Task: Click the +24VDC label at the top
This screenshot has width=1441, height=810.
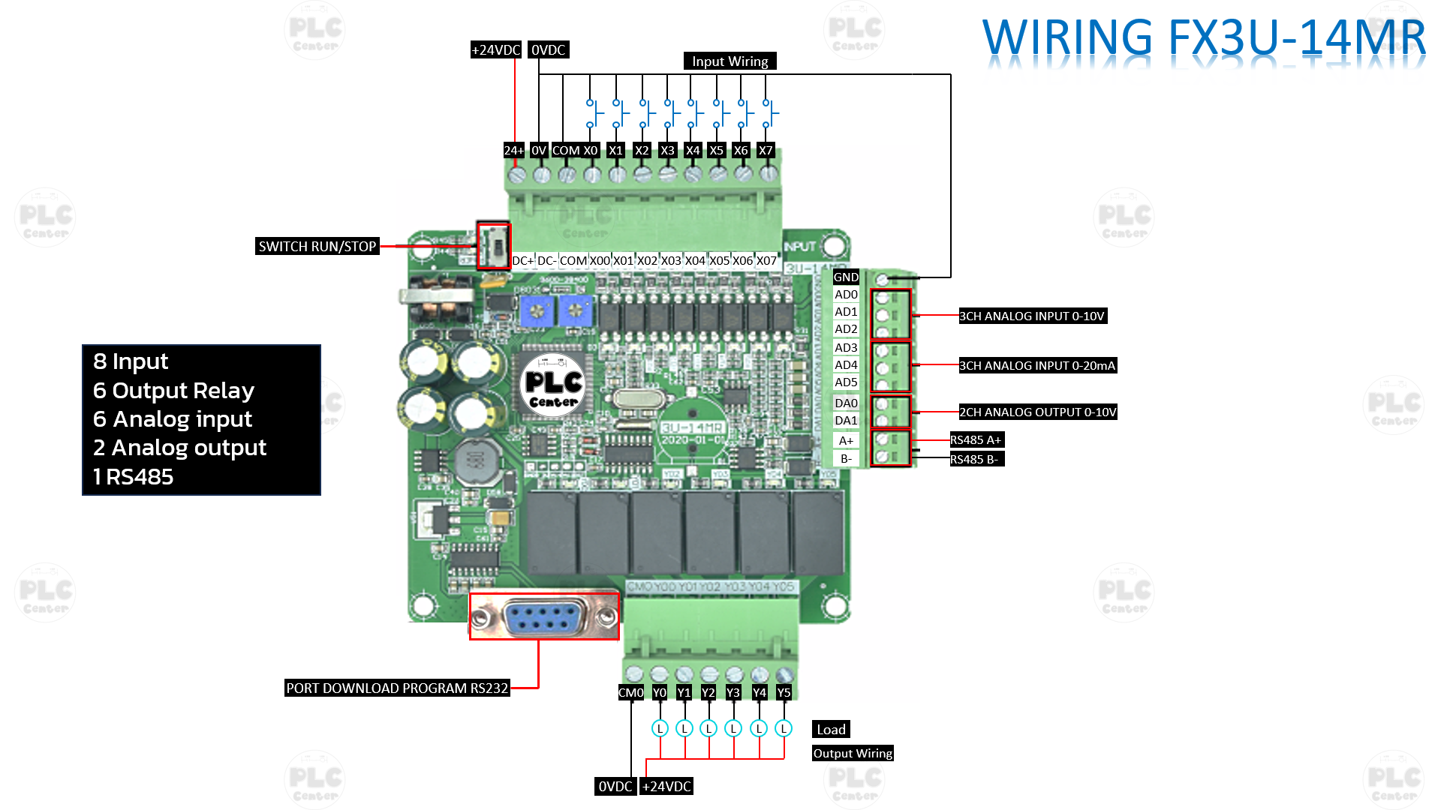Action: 495,50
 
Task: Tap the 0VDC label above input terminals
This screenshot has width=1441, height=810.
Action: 548,50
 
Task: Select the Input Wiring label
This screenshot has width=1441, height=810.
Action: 730,61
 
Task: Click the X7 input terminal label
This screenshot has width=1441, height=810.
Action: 766,151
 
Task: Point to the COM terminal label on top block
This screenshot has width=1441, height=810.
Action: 566,151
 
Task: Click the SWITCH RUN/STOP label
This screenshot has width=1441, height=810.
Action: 317,247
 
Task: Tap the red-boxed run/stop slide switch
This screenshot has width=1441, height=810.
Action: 494,245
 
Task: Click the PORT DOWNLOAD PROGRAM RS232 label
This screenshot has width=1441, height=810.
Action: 397,688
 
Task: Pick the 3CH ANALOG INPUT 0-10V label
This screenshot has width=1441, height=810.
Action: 1032,316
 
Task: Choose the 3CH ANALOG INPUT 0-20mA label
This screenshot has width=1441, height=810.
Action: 1037,366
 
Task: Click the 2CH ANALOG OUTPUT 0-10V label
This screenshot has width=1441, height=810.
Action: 1037,412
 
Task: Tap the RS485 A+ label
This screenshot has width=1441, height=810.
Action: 976,440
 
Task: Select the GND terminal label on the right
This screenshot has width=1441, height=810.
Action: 846,277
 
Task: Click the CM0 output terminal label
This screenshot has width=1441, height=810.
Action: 630,693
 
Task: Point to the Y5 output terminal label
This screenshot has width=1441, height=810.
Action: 784,693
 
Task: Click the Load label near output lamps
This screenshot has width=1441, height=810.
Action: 831,730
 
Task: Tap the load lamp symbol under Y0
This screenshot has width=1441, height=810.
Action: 660,728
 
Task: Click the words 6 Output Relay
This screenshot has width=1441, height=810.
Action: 173,391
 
